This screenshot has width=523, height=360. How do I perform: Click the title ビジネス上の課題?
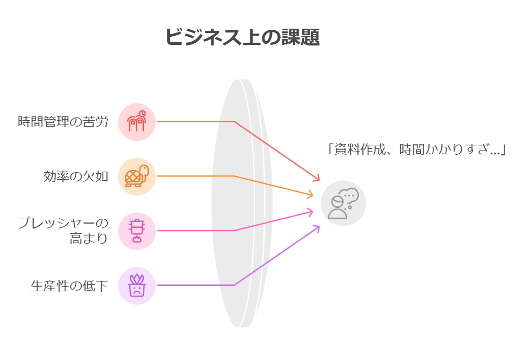242,36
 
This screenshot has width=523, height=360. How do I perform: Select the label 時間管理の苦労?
63,122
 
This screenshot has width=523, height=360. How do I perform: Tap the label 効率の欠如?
76,176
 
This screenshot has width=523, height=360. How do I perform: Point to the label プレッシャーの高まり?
63,231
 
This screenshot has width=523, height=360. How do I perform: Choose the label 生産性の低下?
69,286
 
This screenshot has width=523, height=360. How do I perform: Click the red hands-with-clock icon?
137,121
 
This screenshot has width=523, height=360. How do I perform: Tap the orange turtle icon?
137,176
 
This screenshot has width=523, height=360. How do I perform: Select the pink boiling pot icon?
137,231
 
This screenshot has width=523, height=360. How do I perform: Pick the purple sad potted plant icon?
137,285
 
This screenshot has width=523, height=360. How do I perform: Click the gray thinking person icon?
343,203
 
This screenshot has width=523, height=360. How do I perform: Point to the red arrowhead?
316,178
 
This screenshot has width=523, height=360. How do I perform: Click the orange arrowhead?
310,194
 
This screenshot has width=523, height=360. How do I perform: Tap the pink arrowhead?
310,212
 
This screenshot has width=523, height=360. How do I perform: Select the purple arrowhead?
316,228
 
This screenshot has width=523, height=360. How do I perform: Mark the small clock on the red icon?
142,114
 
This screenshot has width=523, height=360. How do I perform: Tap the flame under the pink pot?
137,238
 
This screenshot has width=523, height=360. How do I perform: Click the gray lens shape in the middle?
241,203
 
